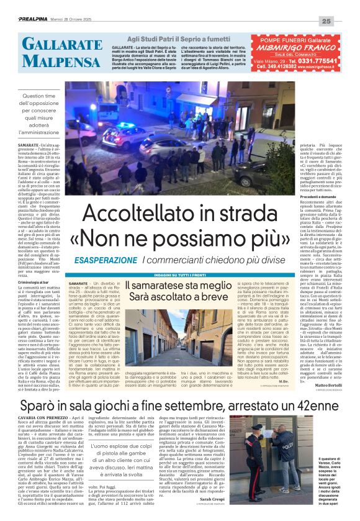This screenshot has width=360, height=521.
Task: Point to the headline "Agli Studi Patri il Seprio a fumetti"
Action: click(181, 39)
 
